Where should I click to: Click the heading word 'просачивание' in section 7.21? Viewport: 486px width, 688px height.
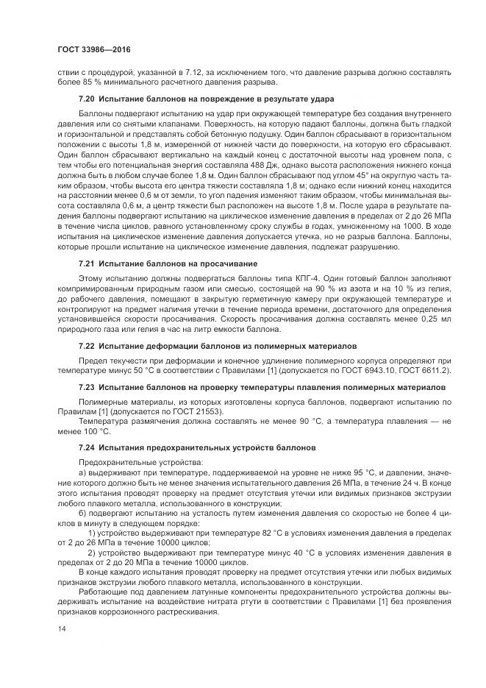point(232,283)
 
